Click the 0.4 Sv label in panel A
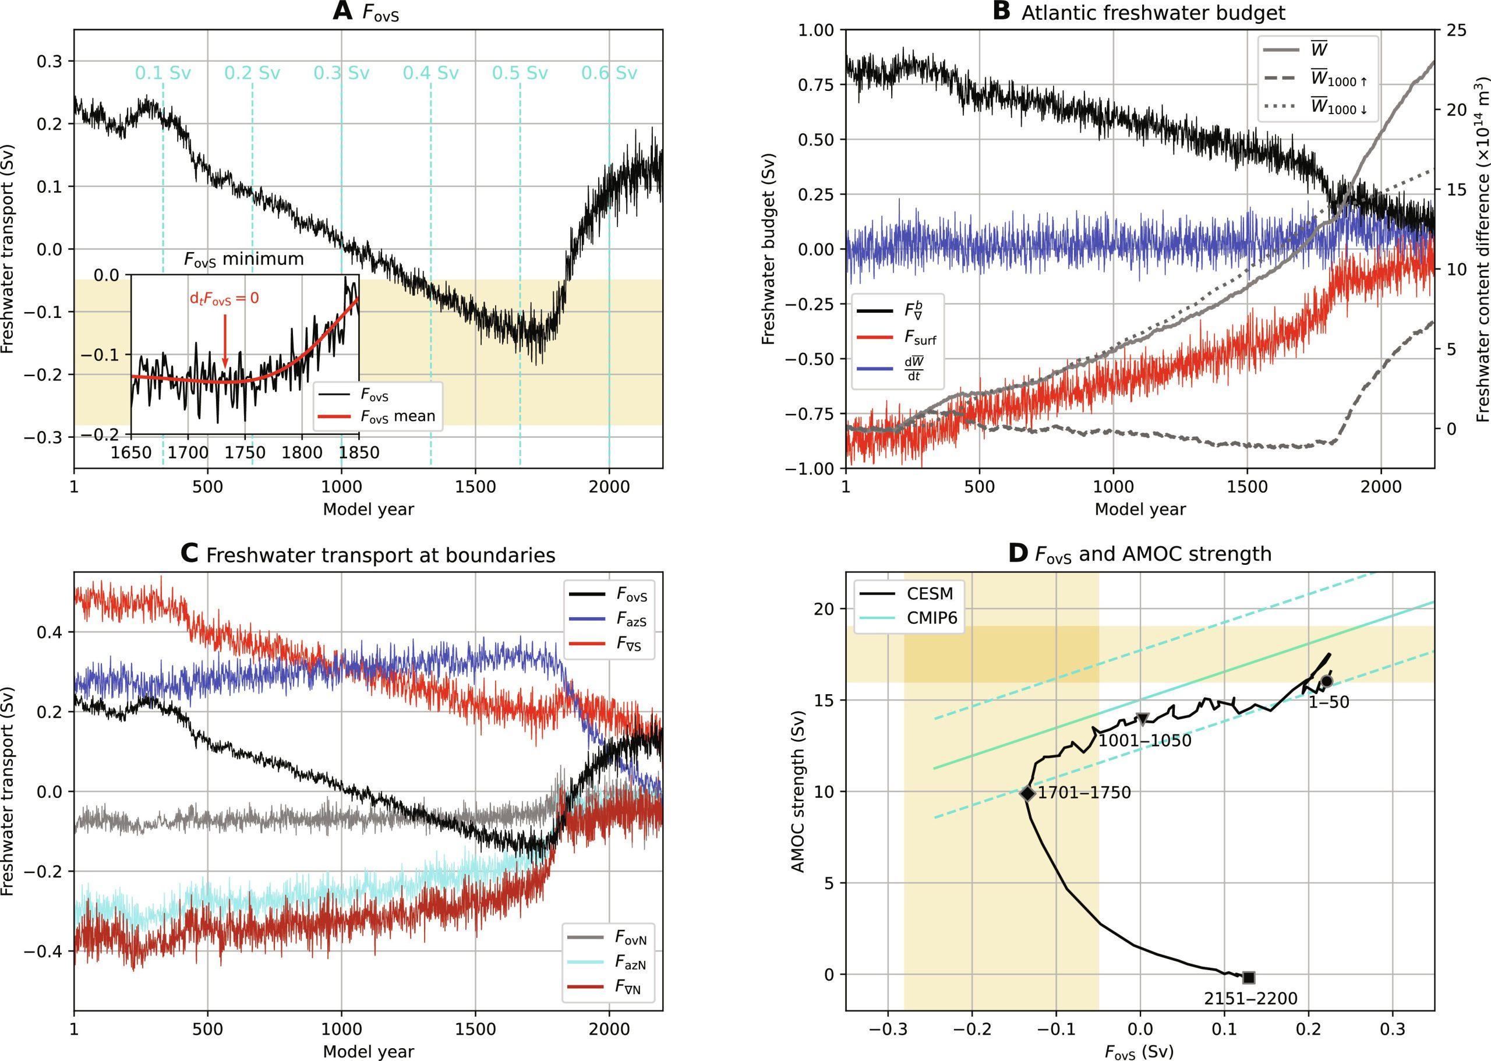430,73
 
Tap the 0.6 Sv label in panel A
609,73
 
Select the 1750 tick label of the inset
245,452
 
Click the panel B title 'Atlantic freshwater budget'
1153,13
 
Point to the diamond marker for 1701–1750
1027,794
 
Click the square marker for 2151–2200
1248,977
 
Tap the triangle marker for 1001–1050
1142,719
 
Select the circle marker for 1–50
1326,681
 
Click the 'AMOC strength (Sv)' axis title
798,791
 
